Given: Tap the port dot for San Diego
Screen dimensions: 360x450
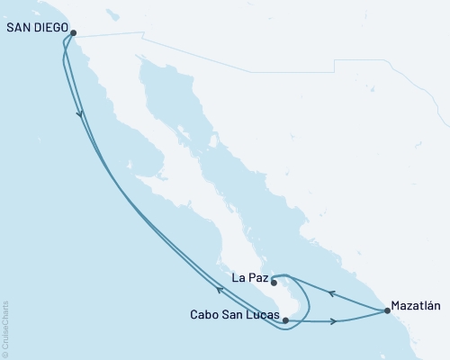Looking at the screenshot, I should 74,33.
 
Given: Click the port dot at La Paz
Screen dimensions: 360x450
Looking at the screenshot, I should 274,283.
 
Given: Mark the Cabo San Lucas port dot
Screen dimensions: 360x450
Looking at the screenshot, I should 284,319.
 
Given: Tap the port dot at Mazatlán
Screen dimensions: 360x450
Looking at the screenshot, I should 388,311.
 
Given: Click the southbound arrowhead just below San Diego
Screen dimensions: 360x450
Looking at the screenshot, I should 82,113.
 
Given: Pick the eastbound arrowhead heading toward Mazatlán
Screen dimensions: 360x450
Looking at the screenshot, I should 334,321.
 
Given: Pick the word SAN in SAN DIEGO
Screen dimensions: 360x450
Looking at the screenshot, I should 17,27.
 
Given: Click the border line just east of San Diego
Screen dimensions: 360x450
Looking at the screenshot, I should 108,35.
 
